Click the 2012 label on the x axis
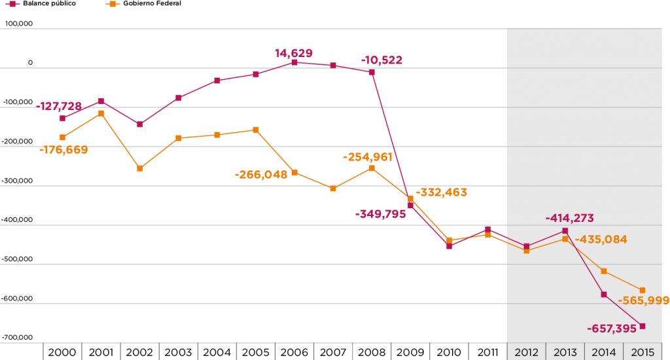tap(526, 352)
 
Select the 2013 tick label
tap(565, 352)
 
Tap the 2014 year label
tap(604, 352)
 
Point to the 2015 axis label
tap(643, 352)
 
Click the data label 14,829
tap(294, 53)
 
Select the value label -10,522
tap(381, 60)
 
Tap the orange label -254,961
tap(367, 156)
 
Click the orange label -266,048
tap(261, 175)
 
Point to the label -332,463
tap(442, 192)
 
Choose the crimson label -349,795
tap(380, 214)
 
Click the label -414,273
tap(569, 219)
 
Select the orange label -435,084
tap(601, 240)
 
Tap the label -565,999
tap(643, 300)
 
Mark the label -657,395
tap(612, 328)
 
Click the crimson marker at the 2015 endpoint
tap(643, 326)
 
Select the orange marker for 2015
tap(643, 290)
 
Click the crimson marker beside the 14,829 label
tap(294, 62)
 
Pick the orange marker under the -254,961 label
tap(372, 168)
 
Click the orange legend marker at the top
tap(113, 4)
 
